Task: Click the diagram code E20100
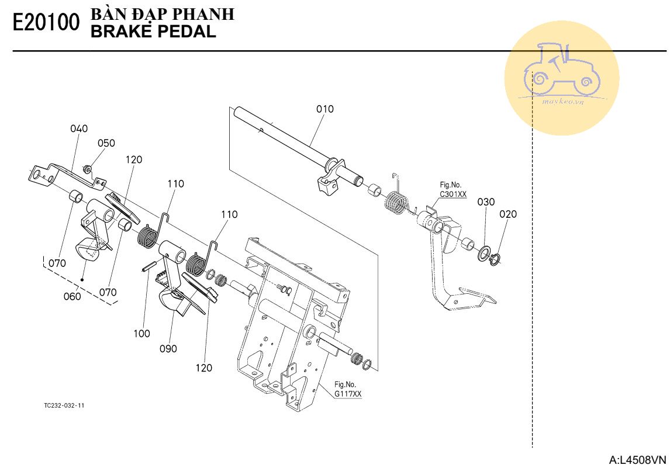pyautogui.click(x=46, y=23)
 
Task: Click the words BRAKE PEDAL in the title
pyautogui.click(x=153, y=32)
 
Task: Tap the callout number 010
pyautogui.click(x=325, y=109)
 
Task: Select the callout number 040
pyautogui.click(x=79, y=129)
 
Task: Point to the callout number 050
pyautogui.click(x=106, y=143)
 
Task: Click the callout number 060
pyautogui.click(x=72, y=296)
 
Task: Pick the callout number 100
pyautogui.click(x=142, y=333)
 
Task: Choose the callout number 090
pyautogui.click(x=168, y=349)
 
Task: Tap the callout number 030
pyautogui.click(x=486, y=202)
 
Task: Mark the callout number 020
pyautogui.click(x=508, y=214)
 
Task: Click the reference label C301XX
pyautogui.click(x=453, y=195)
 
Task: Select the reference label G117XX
pyautogui.click(x=348, y=394)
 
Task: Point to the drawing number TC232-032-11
pyautogui.click(x=64, y=405)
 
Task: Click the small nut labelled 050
pyautogui.click(x=87, y=169)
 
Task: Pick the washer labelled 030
pyautogui.click(x=483, y=254)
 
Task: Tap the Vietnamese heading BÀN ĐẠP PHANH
pyautogui.click(x=163, y=13)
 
